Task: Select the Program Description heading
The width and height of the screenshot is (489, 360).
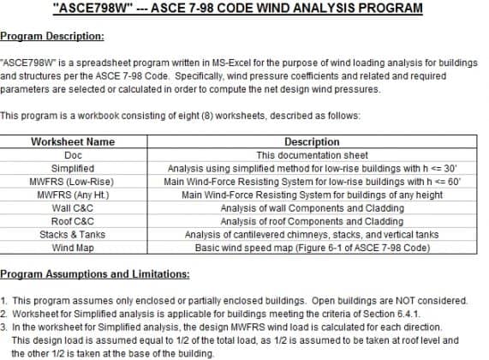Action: pos(52,36)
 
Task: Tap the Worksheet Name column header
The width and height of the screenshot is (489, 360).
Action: pos(73,141)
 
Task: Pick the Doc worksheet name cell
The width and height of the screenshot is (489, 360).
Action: pos(73,155)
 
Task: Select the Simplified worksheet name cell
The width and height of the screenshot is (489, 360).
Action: pos(73,169)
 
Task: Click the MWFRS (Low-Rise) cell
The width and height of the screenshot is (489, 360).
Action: pos(73,182)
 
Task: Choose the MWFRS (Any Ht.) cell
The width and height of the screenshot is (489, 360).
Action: pos(73,195)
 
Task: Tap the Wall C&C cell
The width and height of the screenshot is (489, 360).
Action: pos(73,208)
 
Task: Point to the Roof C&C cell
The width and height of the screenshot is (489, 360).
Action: pos(73,221)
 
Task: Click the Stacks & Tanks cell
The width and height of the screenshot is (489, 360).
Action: pos(73,235)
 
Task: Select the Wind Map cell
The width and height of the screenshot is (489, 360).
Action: pos(73,248)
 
